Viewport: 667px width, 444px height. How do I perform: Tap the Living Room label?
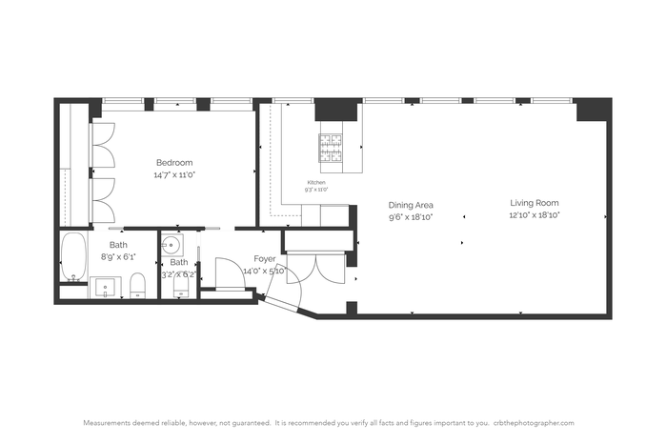(534, 203)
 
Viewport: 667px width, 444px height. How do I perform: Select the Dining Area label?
(412, 205)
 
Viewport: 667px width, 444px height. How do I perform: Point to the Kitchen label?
(316, 182)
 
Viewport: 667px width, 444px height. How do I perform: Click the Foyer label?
(265, 258)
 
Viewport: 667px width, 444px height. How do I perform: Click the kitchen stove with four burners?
(331, 147)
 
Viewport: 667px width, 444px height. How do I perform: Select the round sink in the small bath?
(172, 242)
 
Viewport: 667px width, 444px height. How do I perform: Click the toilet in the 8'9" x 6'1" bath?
(136, 284)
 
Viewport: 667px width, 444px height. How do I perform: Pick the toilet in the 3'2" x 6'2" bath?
(180, 289)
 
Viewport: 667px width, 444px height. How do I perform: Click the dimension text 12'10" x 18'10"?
(534, 215)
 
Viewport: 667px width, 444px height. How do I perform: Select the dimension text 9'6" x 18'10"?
(412, 217)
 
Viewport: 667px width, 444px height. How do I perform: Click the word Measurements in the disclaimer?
(111, 422)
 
